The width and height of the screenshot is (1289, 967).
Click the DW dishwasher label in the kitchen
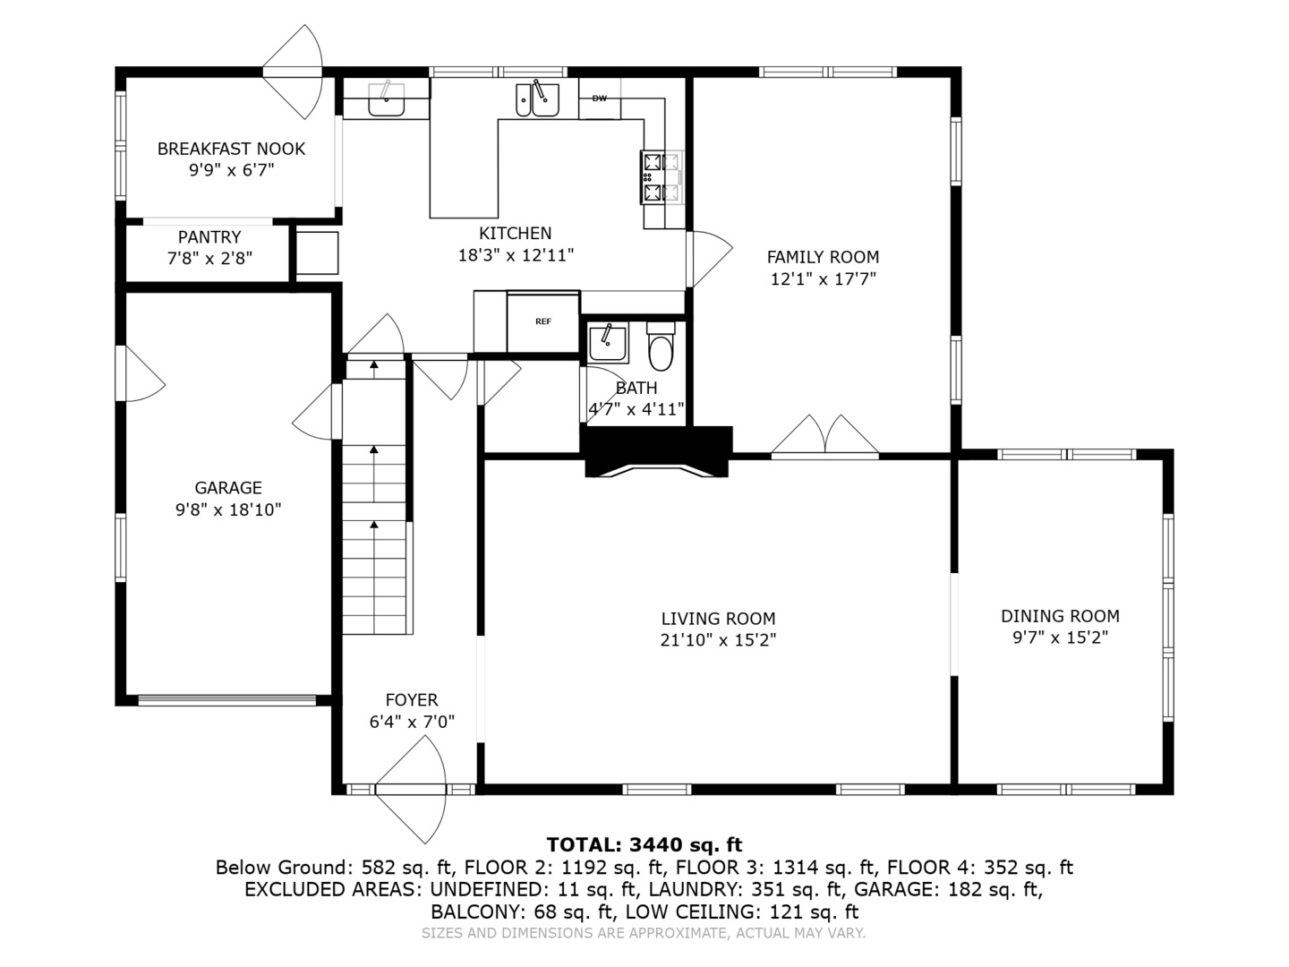pos(599,98)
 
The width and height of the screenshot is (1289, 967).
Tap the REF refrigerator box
pos(543,321)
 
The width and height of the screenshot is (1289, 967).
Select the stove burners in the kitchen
pos(662,177)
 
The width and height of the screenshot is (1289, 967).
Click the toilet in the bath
pos(661,349)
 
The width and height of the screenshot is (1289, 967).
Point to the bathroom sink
pos(608,343)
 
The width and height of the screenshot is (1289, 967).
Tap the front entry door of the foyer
pos(410,792)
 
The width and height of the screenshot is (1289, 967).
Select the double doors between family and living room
pos(825,439)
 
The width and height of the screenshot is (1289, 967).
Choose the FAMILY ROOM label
pos(823,257)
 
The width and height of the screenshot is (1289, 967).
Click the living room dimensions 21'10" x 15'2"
pos(718,640)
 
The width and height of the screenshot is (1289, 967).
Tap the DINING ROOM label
pos(1060,616)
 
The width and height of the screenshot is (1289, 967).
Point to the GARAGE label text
pos(228,488)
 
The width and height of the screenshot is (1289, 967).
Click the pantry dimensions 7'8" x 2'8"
pos(209,259)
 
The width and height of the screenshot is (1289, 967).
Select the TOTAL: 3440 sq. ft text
pos(644,844)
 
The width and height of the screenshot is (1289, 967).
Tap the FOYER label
pos(411,700)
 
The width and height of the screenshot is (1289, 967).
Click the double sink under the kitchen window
pos(537,99)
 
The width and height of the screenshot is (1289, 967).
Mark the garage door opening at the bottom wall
pos(227,700)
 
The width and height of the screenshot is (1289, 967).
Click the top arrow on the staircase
pos(374,364)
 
